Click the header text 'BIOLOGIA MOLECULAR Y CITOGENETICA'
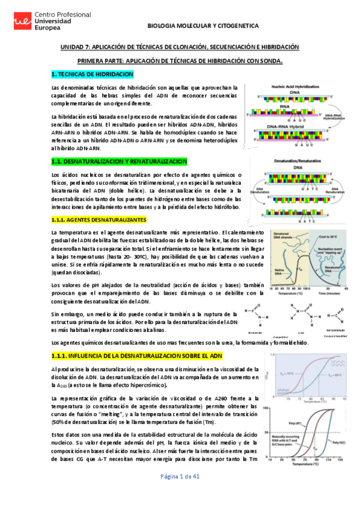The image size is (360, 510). tap(203, 26)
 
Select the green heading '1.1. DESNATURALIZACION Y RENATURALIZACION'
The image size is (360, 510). tap(120, 161)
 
